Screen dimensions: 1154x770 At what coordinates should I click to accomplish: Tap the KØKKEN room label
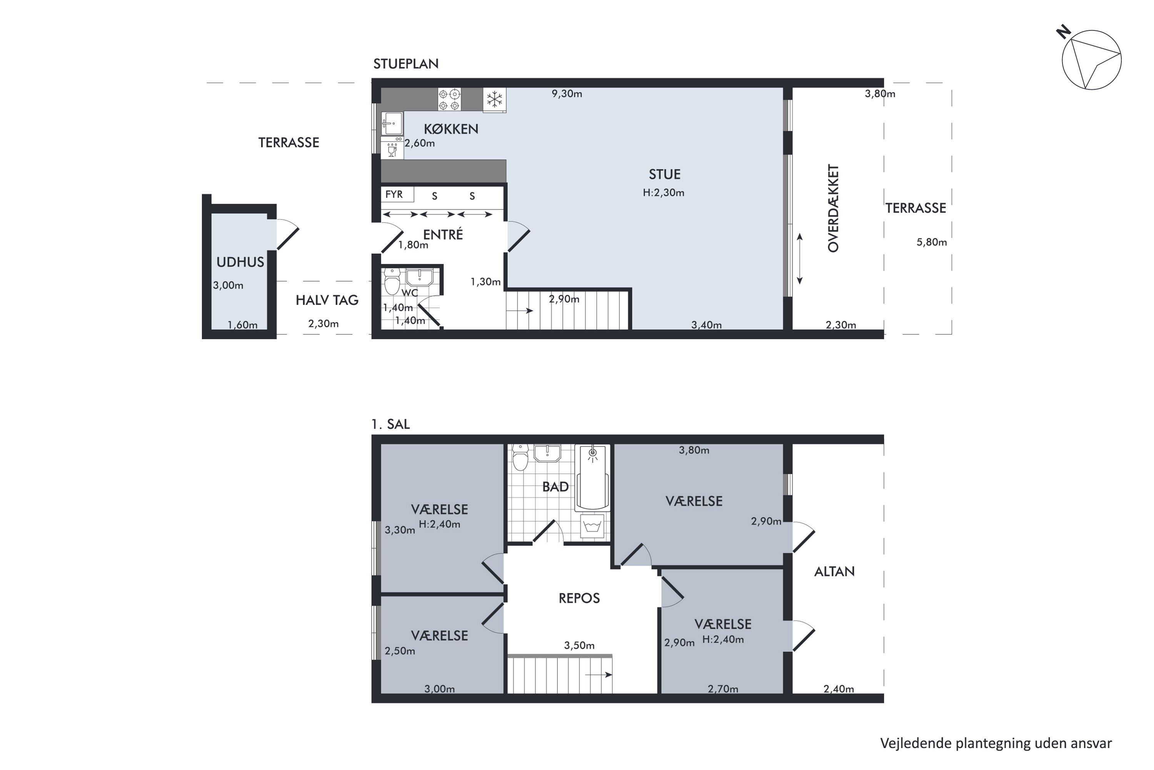click(x=451, y=129)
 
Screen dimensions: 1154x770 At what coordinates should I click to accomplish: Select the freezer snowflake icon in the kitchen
click(x=494, y=100)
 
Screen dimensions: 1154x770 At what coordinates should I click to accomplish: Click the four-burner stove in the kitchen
click(x=449, y=100)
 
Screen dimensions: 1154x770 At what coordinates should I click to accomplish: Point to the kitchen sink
click(x=392, y=123)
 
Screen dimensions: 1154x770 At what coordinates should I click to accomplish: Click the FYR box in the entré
click(x=397, y=194)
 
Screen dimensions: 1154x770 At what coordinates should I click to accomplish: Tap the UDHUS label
click(x=240, y=262)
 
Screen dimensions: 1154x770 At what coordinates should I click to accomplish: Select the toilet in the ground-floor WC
click(x=392, y=281)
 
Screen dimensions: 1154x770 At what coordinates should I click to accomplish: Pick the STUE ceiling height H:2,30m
click(x=663, y=193)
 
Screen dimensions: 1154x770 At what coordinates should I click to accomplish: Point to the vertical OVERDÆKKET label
click(x=833, y=208)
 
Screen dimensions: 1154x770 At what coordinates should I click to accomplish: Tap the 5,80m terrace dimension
click(x=932, y=242)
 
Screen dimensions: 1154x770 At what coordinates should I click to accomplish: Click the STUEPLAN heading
click(x=406, y=64)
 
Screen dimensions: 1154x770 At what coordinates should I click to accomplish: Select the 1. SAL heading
click(x=390, y=424)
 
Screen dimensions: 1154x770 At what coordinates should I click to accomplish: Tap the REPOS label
click(x=579, y=598)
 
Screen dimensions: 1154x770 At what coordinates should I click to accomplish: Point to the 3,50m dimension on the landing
click(x=579, y=645)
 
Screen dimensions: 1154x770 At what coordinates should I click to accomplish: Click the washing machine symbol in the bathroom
click(x=592, y=526)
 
